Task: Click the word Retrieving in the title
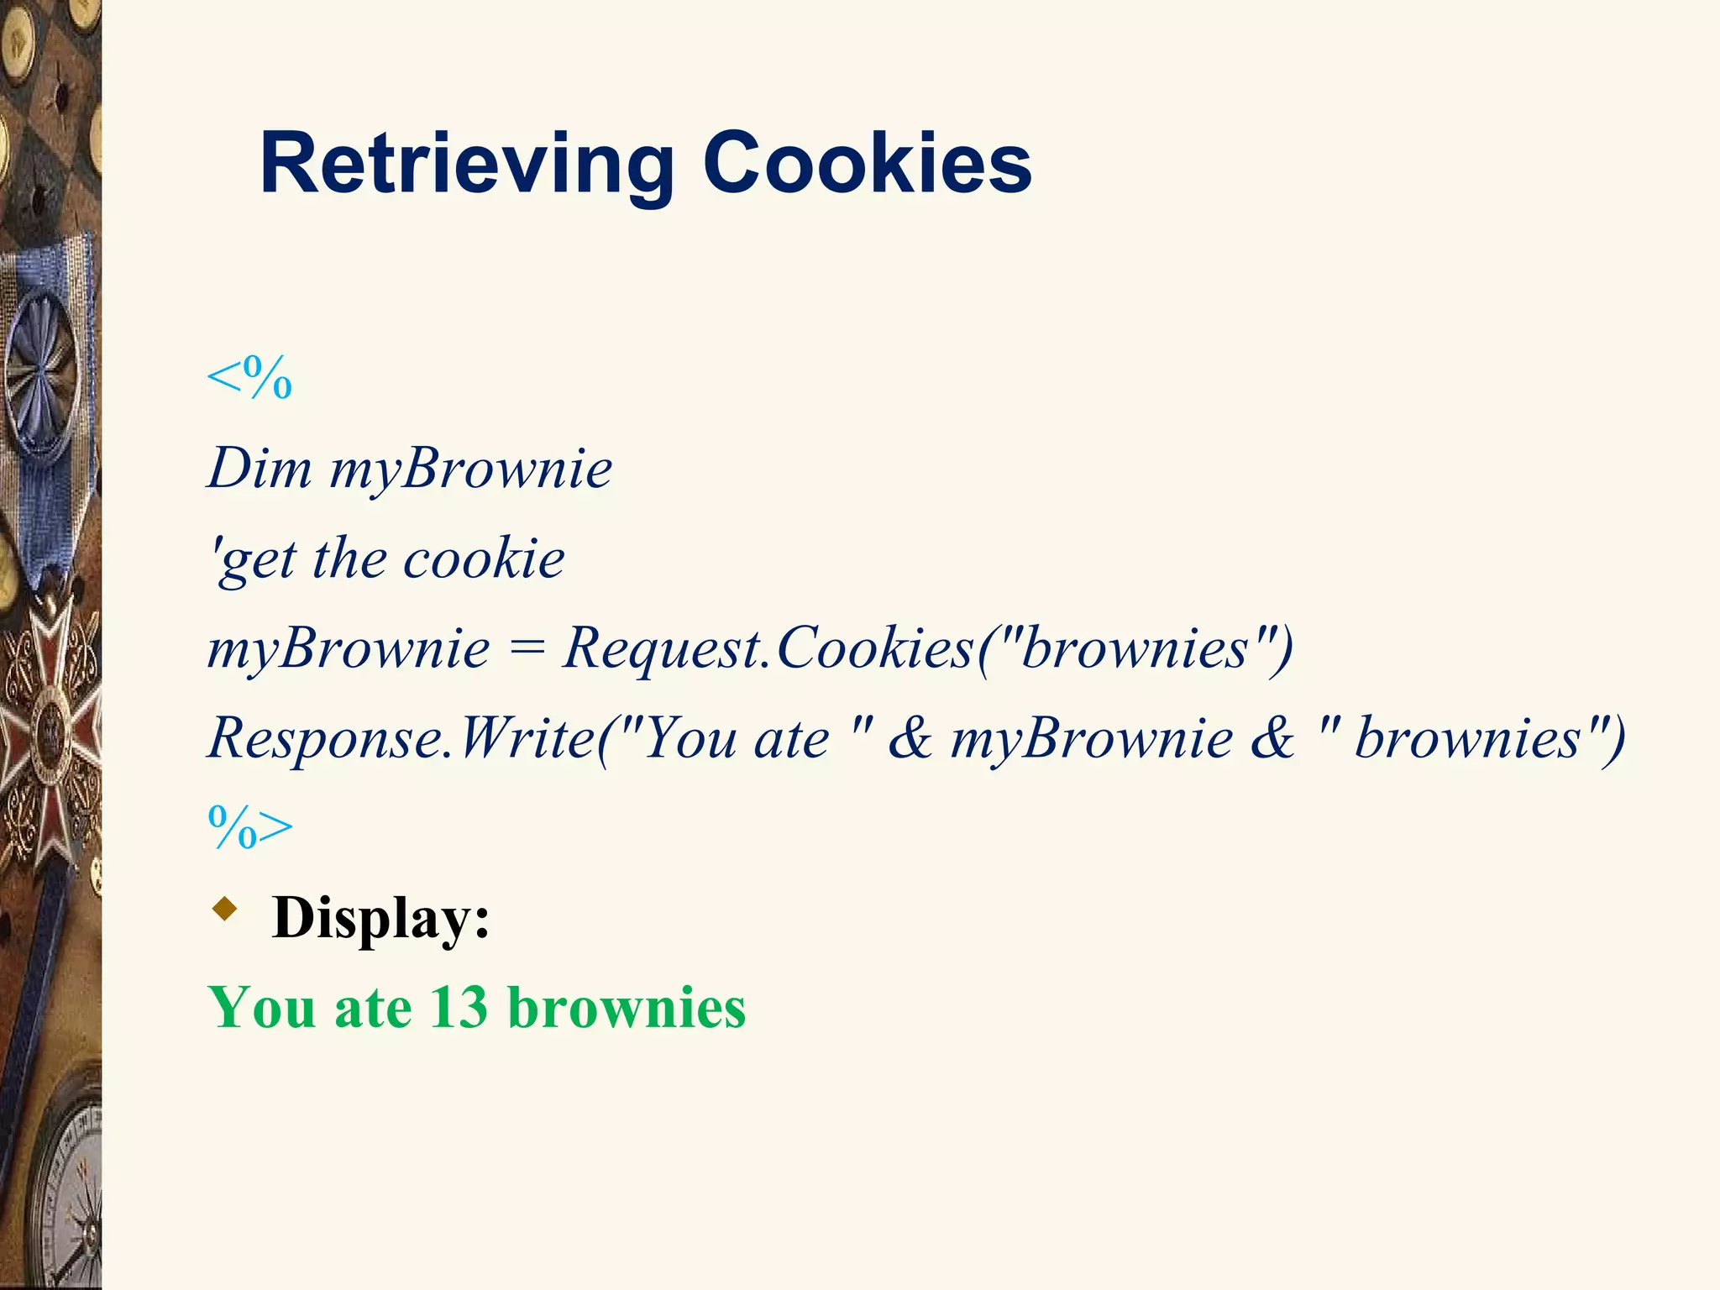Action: coord(467,165)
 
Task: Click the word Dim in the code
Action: coord(260,469)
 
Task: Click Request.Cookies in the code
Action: coord(768,649)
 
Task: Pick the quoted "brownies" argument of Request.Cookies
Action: coord(1133,649)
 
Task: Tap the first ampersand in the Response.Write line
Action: coord(910,739)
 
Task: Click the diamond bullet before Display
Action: coord(224,909)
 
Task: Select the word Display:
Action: coord(380,918)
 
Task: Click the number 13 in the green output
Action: coord(459,1007)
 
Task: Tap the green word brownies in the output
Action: coord(627,1007)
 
